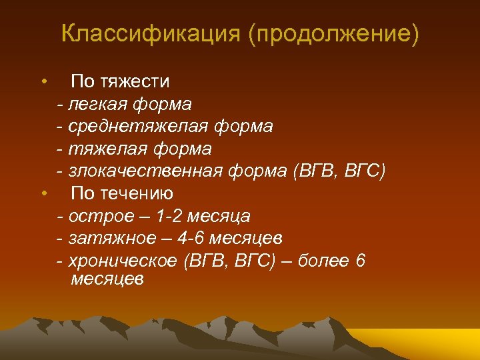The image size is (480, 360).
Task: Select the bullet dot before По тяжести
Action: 43,82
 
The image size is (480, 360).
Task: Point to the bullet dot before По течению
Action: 43,194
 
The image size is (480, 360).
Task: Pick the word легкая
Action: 99,104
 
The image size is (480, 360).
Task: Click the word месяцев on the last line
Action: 107,279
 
